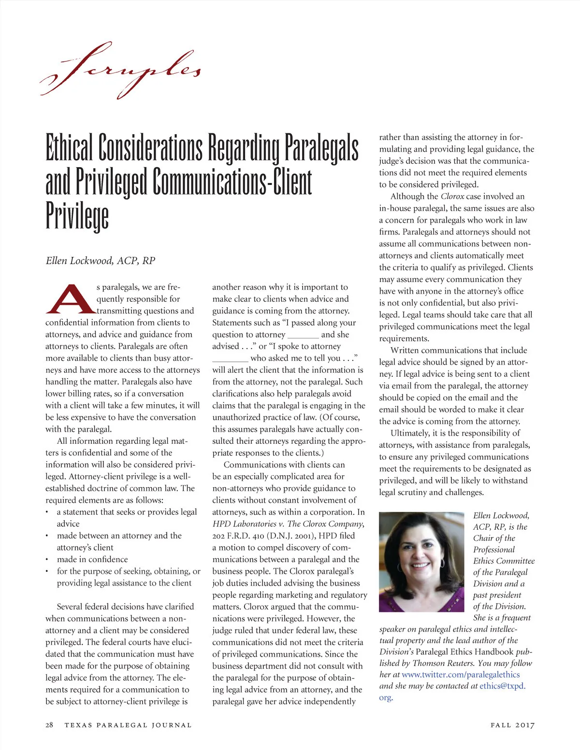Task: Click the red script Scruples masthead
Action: (121, 70)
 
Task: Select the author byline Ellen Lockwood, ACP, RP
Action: (100, 261)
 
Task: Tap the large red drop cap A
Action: (70, 298)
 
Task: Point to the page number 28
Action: (49, 725)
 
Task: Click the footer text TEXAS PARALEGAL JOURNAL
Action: (128, 725)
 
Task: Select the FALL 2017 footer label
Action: (512, 725)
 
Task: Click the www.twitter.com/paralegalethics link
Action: (461, 675)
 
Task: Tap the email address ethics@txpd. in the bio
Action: (502, 686)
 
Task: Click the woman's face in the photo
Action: (420, 555)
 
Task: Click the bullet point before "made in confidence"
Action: (47, 560)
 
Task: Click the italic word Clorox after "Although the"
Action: (452, 197)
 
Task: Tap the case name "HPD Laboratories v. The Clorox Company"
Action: (288, 524)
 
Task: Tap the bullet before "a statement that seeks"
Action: (47, 512)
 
